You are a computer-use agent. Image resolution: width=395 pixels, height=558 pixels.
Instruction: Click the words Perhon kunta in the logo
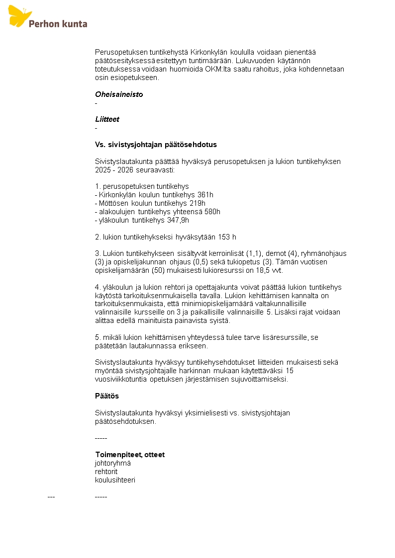[x=58, y=23]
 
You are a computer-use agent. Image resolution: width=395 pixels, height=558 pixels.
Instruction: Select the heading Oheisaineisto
[x=119, y=94]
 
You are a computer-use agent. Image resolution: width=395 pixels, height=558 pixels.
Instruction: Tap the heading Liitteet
[x=107, y=119]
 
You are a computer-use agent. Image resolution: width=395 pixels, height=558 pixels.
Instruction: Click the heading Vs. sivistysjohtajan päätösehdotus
[x=156, y=145]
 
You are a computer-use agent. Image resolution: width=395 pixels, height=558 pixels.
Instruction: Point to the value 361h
[x=205, y=195]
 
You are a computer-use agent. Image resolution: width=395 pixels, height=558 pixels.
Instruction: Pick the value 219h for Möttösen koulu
[x=197, y=203]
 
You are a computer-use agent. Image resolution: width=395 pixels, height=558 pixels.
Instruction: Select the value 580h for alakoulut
[x=212, y=212]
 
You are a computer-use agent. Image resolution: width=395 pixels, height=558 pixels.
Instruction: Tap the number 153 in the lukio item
[x=224, y=237]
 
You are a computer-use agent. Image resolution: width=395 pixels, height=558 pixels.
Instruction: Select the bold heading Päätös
[x=107, y=396]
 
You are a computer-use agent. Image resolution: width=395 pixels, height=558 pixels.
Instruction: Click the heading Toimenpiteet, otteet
[x=130, y=455]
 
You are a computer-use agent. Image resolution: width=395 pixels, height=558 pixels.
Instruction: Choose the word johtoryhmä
[x=113, y=463]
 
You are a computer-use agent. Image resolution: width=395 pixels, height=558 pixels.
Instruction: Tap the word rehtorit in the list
[x=106, y=472]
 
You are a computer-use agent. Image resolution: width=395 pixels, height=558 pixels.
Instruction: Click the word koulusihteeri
[x=115, y=480]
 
